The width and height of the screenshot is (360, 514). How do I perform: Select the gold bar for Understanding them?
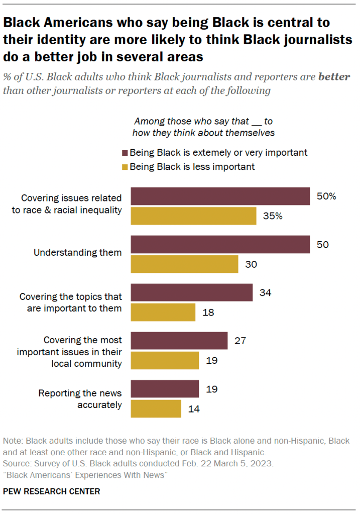pyautogui.click(x=184, y=264)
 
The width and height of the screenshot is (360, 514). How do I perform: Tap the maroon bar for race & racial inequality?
pyautogui.click(x=220, y=196)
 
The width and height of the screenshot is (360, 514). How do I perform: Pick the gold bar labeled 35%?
pyautogui.click(x=194, y=216)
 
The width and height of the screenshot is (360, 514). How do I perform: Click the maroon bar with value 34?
pyautogui.click(x=192, y=292)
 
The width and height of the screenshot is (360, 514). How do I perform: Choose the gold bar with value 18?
pyautogui.click(x=163, y=312)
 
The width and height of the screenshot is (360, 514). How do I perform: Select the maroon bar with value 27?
pyautogui.click(x=179, y=341)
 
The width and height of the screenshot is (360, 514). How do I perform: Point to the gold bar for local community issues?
pyautogui.click(x=165, y=360)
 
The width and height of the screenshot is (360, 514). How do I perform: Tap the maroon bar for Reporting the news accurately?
pyautogui.click(x=165, y=388)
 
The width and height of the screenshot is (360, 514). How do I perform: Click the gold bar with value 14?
pyautogui.click(x=156, y=408)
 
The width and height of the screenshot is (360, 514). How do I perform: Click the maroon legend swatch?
pyautogui.click(x=125, y=152)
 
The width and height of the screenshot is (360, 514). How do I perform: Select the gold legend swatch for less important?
pyautogui.click(x=125, y=166)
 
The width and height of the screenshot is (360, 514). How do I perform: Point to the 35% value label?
pyautogui.click(x=273, y=217)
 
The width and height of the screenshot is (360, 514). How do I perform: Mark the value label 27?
pyautogui.click(x=240, y=341)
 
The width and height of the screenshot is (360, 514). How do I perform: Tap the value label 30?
pyautogui.click(x=251, y=264)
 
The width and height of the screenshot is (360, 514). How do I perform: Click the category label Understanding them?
pyautogui.click(x=77, y=253)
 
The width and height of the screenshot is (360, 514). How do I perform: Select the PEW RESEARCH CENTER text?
pyautogui.click(x=52, y=491)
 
